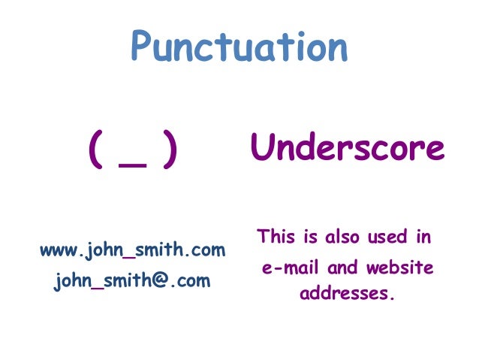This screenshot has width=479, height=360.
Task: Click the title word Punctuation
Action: [239, 47]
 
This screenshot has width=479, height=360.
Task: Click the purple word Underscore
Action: [348, 148]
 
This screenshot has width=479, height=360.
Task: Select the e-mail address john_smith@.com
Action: [132, 282]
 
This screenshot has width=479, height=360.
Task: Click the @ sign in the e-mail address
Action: [174, 282]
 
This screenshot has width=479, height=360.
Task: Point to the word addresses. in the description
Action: [347, 292]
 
